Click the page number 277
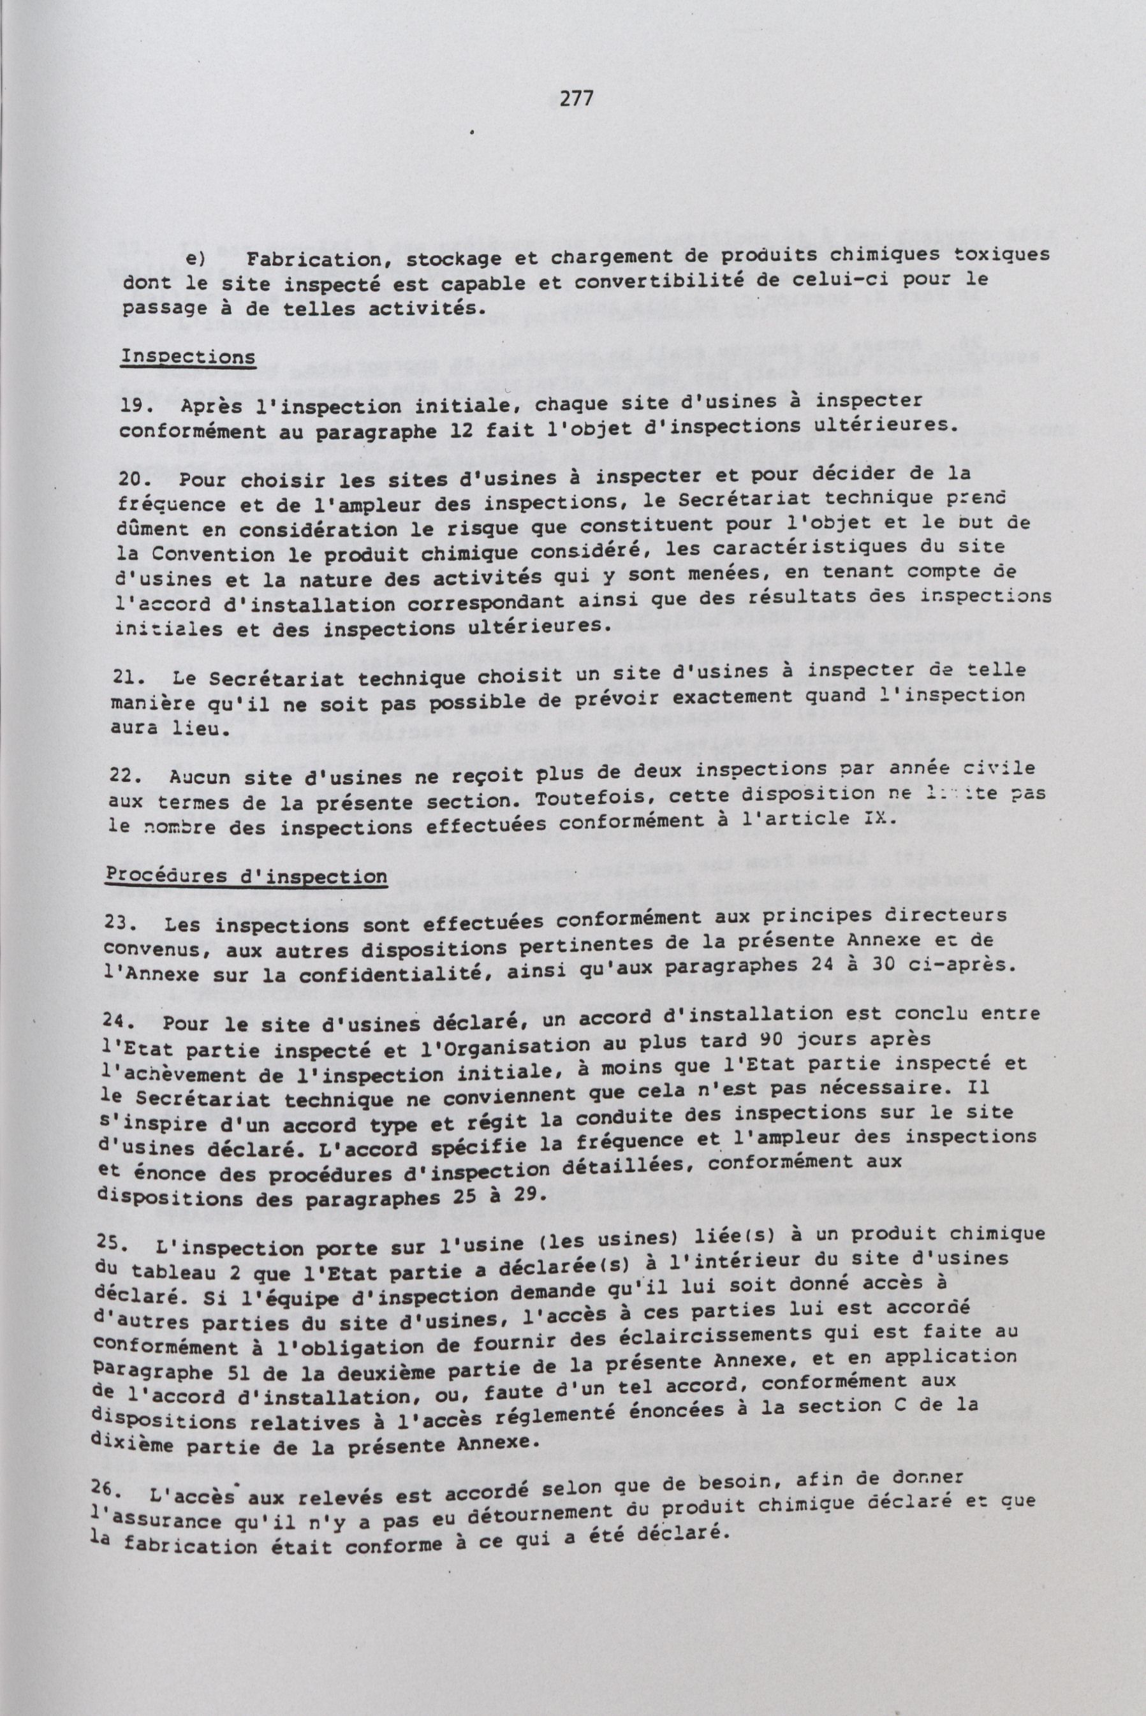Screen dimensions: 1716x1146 [x=575, y=99]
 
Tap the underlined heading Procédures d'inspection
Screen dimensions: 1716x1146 [x=247, y=876]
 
